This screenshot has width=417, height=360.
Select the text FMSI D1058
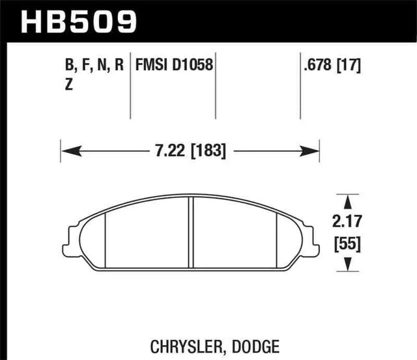click(x=174, y=64)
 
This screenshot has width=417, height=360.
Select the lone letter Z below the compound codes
click(x=69, y=84)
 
